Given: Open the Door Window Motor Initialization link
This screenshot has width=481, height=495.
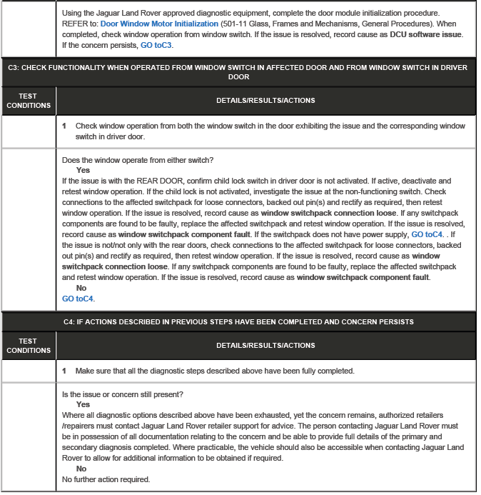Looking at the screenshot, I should point(159,24).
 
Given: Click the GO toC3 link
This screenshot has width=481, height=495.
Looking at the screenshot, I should point(156,45).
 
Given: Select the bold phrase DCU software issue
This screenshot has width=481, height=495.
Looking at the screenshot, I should point(425,34).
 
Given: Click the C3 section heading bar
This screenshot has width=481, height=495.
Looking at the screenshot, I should point(238,71).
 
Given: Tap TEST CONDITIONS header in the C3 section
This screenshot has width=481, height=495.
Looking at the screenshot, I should point(28,101).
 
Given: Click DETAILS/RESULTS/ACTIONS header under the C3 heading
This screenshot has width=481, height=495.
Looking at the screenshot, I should point(265,101).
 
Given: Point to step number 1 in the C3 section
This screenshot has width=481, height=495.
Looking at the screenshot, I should point(64,126).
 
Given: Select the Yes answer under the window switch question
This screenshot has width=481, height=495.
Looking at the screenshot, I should point(83,170).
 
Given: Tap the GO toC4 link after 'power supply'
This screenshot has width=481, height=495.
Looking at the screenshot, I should point(427,234).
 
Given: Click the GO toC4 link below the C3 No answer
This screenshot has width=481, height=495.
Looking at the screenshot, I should point(78,299).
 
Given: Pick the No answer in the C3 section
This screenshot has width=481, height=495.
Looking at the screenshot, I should point(81,288).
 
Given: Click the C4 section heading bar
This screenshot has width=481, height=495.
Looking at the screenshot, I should point(238,321).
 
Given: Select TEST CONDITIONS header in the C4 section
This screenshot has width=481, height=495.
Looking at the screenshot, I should point(28,346).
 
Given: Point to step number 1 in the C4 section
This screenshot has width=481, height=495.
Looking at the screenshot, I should point(64,371).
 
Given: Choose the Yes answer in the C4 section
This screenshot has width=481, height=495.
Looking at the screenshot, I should point(83,404).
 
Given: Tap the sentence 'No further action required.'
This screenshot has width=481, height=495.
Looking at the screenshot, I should point(106,479).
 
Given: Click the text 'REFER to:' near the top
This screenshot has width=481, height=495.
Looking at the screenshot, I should point(80,24).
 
